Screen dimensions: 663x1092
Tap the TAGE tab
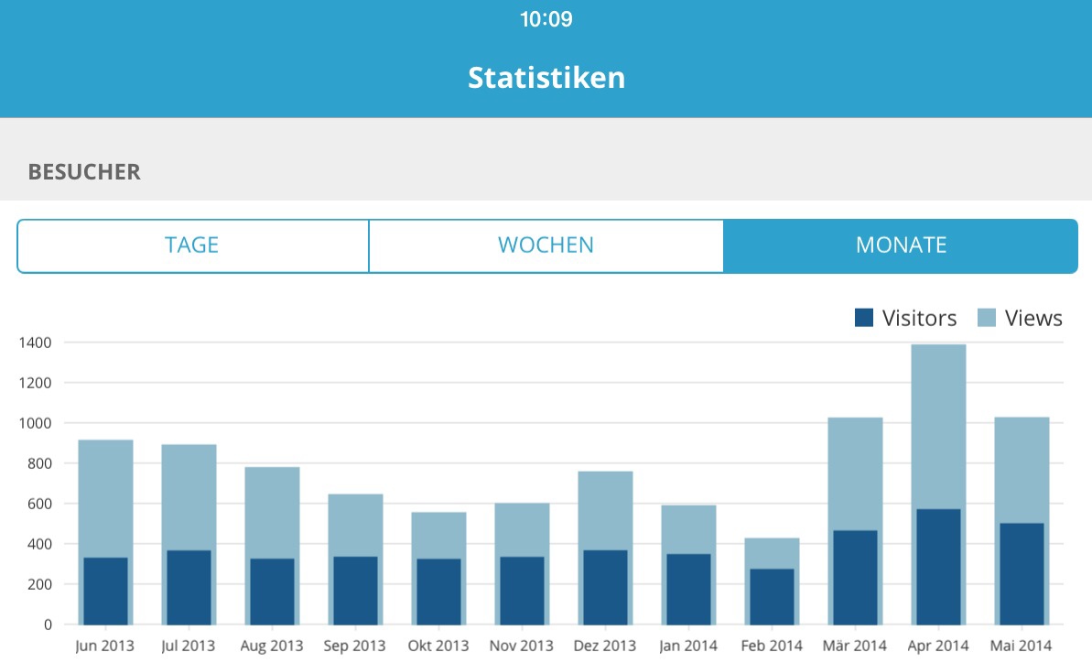tap(192, 245)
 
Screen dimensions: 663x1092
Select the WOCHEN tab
tap(546, 245)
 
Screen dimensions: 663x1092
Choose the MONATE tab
tap(901, 245)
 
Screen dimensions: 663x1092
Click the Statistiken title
tap(546, 77)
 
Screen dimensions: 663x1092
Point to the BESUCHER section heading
tap(84, 172)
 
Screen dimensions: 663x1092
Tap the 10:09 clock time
tap(546, 19)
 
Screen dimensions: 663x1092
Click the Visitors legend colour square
tap(864, 318)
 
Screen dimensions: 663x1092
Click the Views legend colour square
tap(986, 318)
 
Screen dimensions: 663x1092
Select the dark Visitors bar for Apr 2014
tap(938, 567)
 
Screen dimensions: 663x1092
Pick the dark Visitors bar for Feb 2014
tap(772, 596)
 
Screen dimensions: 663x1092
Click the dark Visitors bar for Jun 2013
tap(105, 591)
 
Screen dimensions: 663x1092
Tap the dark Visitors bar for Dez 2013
tap(605, 587)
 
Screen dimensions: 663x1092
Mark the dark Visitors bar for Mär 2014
tap(855, 577)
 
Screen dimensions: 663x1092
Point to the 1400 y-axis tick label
tap(37, 342)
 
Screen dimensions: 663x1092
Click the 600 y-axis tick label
tap(41, 504)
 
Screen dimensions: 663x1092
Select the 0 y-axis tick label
tap(48, 625)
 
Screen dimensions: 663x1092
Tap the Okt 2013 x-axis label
tap(438, 646)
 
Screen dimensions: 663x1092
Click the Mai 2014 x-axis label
tap(1021, 646)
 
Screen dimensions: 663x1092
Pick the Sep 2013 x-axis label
tap(355, 646)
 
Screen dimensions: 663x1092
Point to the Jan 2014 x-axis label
tap(688, 646)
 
